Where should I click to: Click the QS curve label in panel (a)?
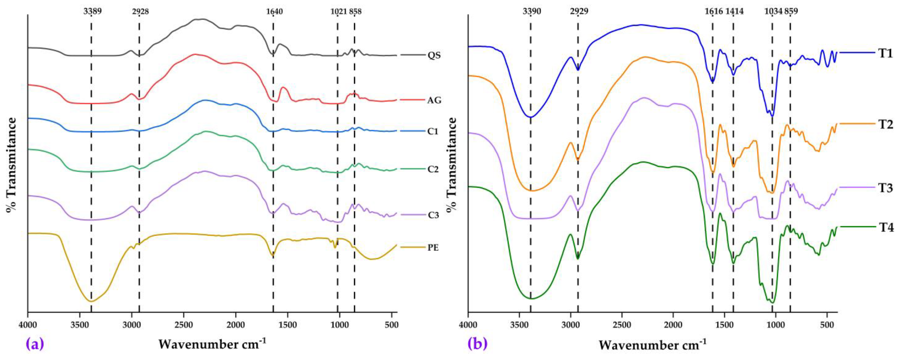[434, 56]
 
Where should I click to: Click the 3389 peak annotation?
[93, 11]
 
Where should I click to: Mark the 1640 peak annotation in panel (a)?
[274, 11]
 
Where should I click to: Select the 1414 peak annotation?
[734, 11]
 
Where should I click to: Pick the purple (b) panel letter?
[477, 344]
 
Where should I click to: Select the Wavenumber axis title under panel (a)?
[212, 344]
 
